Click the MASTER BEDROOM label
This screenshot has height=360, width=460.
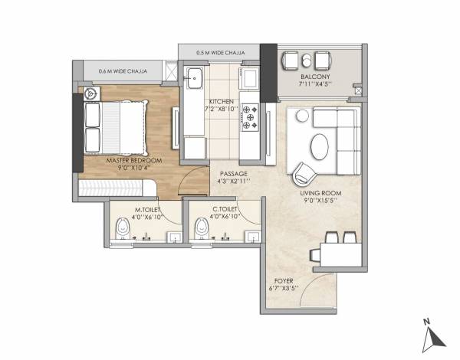point(133,161)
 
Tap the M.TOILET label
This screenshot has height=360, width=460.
point(147,208)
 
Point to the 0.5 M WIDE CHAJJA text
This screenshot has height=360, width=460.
point(220,53)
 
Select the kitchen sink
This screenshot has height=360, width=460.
point(193,78)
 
